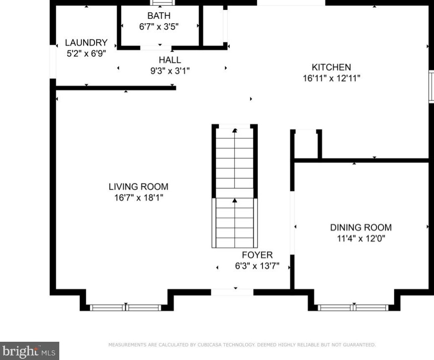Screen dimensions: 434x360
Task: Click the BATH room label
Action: pyautogui.click(x=159, y=16)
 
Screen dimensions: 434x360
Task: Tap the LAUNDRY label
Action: pyautogui.click(x=86, y=43)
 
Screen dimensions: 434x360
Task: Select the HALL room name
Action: pyautogui.click(x=170, y=60)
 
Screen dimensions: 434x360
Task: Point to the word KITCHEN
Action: pyautogui.click(x=331, y=67)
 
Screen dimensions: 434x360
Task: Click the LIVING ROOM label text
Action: pyautogui.click(x=138, y=187)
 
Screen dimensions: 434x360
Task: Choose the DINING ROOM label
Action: pyautogui.click(x=361, y=227)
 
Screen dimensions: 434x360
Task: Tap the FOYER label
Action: pyautogui.click(x=257, y=255)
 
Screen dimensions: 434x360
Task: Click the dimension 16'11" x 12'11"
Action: pyautogui.click(x=331, y=78)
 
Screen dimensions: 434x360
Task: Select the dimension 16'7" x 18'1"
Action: pyautogui.click(x=139, y=198)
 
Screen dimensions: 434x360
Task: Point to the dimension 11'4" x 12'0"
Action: pyautogui.click(x=361, y=238)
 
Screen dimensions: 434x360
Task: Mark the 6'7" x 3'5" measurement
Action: pyautogui.click(x=159, y=27)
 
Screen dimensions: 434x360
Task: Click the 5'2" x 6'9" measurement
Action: pyautogui.click(x=86, y=54)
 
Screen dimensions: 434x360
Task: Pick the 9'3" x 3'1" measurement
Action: pyautogui.click(x=170, y=71)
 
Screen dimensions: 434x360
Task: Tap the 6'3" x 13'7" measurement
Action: pyautogui.click(x=257, y=266)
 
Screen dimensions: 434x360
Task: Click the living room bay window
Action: pyautogui.click(x=126, y=307)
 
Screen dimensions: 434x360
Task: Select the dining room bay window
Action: pyautogui.click(x=353, y=307)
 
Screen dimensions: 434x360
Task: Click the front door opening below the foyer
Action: pyautogui.click(x=232, y=292)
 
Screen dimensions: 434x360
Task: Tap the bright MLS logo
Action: pyautogui.click(x=29, y=351)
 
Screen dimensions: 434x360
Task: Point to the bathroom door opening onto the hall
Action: pyautogui.click(x=156, y=48)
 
